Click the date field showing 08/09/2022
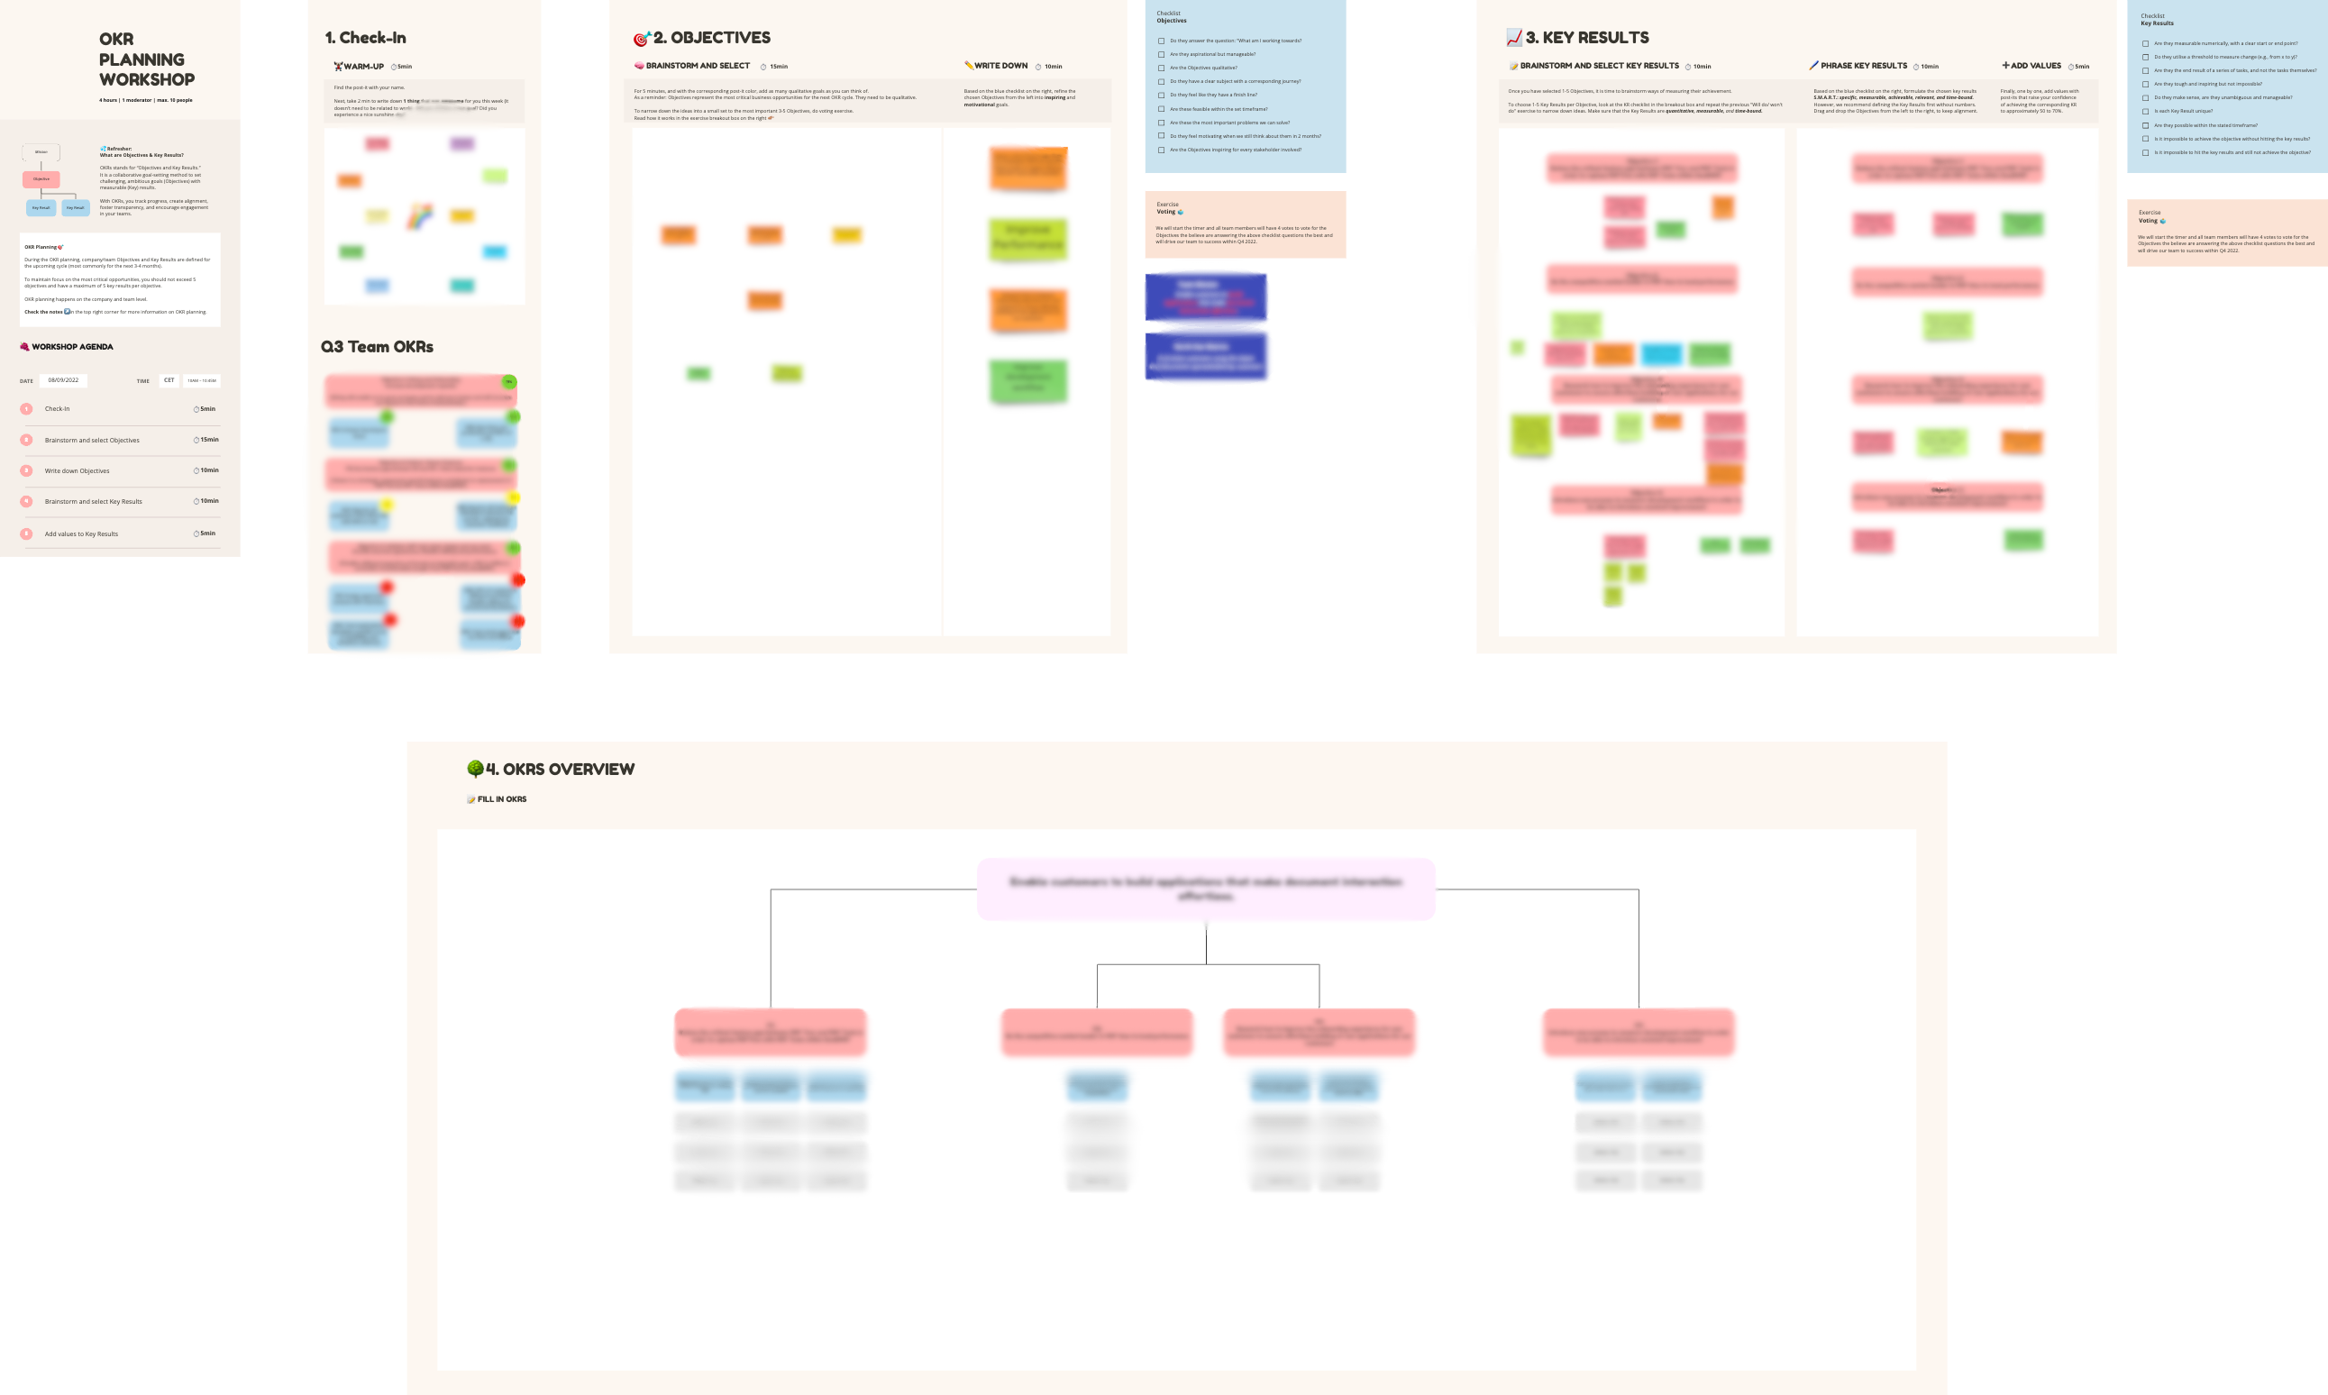pyautogui.click(x=64, y=380)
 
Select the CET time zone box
pyautogui.click(x=169, y=380)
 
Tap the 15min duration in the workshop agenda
pyautogui.click(x=206, y=440)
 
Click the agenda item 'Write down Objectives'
pyautogui.click(x=78, y=471)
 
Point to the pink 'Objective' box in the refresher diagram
pyautogui.click(x=41, y=178)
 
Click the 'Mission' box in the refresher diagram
pyautogui.click(x=41, y=152)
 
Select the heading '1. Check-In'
pyautogui.click(x=366, y=39)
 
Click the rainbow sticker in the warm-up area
pyautogui.click(x=420, y=217)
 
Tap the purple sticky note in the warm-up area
pyautogui.click(x=462, y=144)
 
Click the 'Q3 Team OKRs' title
pyautogui.click(x=377, y=347)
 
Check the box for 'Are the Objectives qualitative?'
pyautogui.click(x=1161, y=68)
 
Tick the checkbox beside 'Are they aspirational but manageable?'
pyautogui.click(x=1161, y=55)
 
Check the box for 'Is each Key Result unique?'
pyautogui.click(x=2145, y=112)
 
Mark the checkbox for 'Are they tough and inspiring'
pyautogui.click(x=2145, y=85)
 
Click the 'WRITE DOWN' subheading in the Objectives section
pyautogui.click(x=1000, y=66)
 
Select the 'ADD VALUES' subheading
pyautogui.click(x=2035, y=66)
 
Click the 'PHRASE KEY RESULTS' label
pyautogui.click(x=1863, y=66)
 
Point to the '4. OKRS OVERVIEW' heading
pyautogui.click(x=559, y=770)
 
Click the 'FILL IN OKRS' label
pyautogui.click(x=501, y=799)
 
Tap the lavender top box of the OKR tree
pyautogui.click(x=1206, y=889)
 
